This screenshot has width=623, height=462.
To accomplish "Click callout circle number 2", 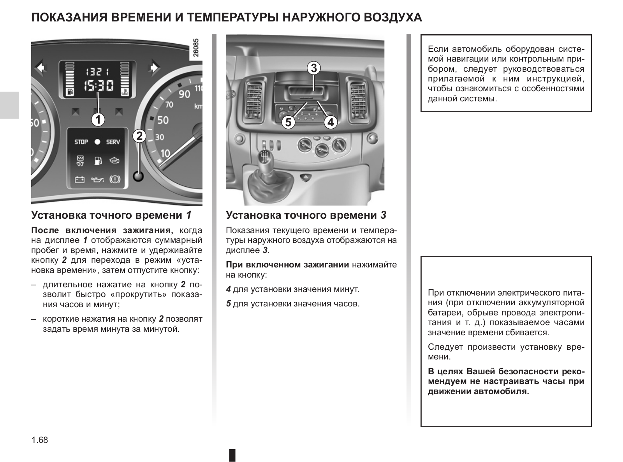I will point(139,136).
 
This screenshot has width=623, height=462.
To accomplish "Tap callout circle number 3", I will point(313,68).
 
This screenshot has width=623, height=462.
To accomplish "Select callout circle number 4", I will point(330,122).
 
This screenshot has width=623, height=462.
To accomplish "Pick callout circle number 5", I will point(288,122).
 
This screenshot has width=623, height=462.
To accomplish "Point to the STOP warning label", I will point(81,142).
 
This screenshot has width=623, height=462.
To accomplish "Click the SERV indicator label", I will point(113,142).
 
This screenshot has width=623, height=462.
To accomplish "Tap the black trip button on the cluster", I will point(138,176).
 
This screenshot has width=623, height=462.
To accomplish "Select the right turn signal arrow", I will point(155,68).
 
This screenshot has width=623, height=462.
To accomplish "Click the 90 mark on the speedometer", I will point(184,94).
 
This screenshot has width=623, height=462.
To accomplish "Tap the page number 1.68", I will point(40,440).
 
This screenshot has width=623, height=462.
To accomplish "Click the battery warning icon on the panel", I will point(80,180).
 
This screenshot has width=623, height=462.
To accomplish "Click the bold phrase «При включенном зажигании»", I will point(287,265).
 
